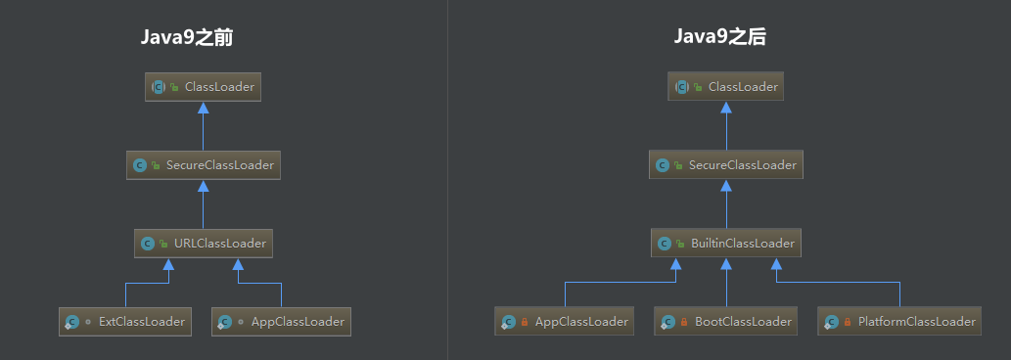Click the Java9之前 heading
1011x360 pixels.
click(186, 38)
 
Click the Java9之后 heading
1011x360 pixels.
click(719, 38)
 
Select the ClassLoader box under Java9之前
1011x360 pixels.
click(204, 87)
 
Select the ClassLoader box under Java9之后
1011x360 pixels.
click(726, 87)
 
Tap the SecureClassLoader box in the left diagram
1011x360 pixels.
click(204, 165)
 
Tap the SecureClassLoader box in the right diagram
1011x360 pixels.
click(726, 165)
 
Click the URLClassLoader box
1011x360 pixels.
click(204, 243)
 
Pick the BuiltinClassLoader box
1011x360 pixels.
click(726, 243)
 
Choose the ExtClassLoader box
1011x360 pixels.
click(125, 321)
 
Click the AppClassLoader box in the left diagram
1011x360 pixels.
click(281, 321)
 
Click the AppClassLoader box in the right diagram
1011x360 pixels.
click(565, 321)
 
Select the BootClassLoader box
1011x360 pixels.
click(727, 321)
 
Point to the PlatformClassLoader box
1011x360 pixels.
click(899, 321)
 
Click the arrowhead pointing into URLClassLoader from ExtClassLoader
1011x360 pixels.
click(169, 264)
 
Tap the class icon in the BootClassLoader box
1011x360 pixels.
click(667, 321)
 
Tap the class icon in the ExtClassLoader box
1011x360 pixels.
click(71, 321)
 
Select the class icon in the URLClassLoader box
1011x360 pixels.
click(148, 243)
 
